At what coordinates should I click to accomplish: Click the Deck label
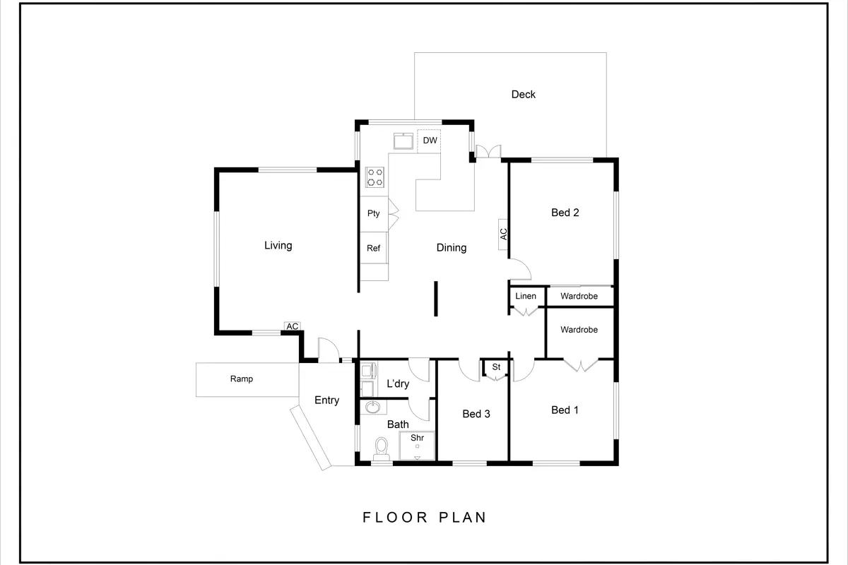pos(523,94)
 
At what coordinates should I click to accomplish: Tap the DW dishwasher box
pos(429,141)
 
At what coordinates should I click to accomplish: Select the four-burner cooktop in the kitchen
pos(375,177)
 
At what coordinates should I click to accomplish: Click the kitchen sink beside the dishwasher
pos(404,141)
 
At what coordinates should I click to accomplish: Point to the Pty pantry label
pos(373,213)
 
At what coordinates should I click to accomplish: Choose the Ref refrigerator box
pos(374,248)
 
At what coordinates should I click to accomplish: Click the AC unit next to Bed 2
pos(502,234)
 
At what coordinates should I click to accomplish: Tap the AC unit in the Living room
pos(293,326)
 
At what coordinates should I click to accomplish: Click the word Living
pos(278,246)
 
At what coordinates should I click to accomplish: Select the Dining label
pos(452,248)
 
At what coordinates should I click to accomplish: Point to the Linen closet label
pos(526,296)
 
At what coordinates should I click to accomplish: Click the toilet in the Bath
pos(381,448)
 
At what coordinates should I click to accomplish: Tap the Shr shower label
pos(417,438)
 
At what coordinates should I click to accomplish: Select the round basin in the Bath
pos(373,408)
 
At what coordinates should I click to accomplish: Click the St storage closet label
pos(496,367)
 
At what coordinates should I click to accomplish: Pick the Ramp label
pos(242,379)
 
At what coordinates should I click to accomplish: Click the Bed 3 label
pos(476,414)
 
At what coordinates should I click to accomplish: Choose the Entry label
pos(326,400)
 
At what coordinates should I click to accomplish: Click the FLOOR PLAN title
pos(425,517)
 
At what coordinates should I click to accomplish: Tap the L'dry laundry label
pos(398,383)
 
